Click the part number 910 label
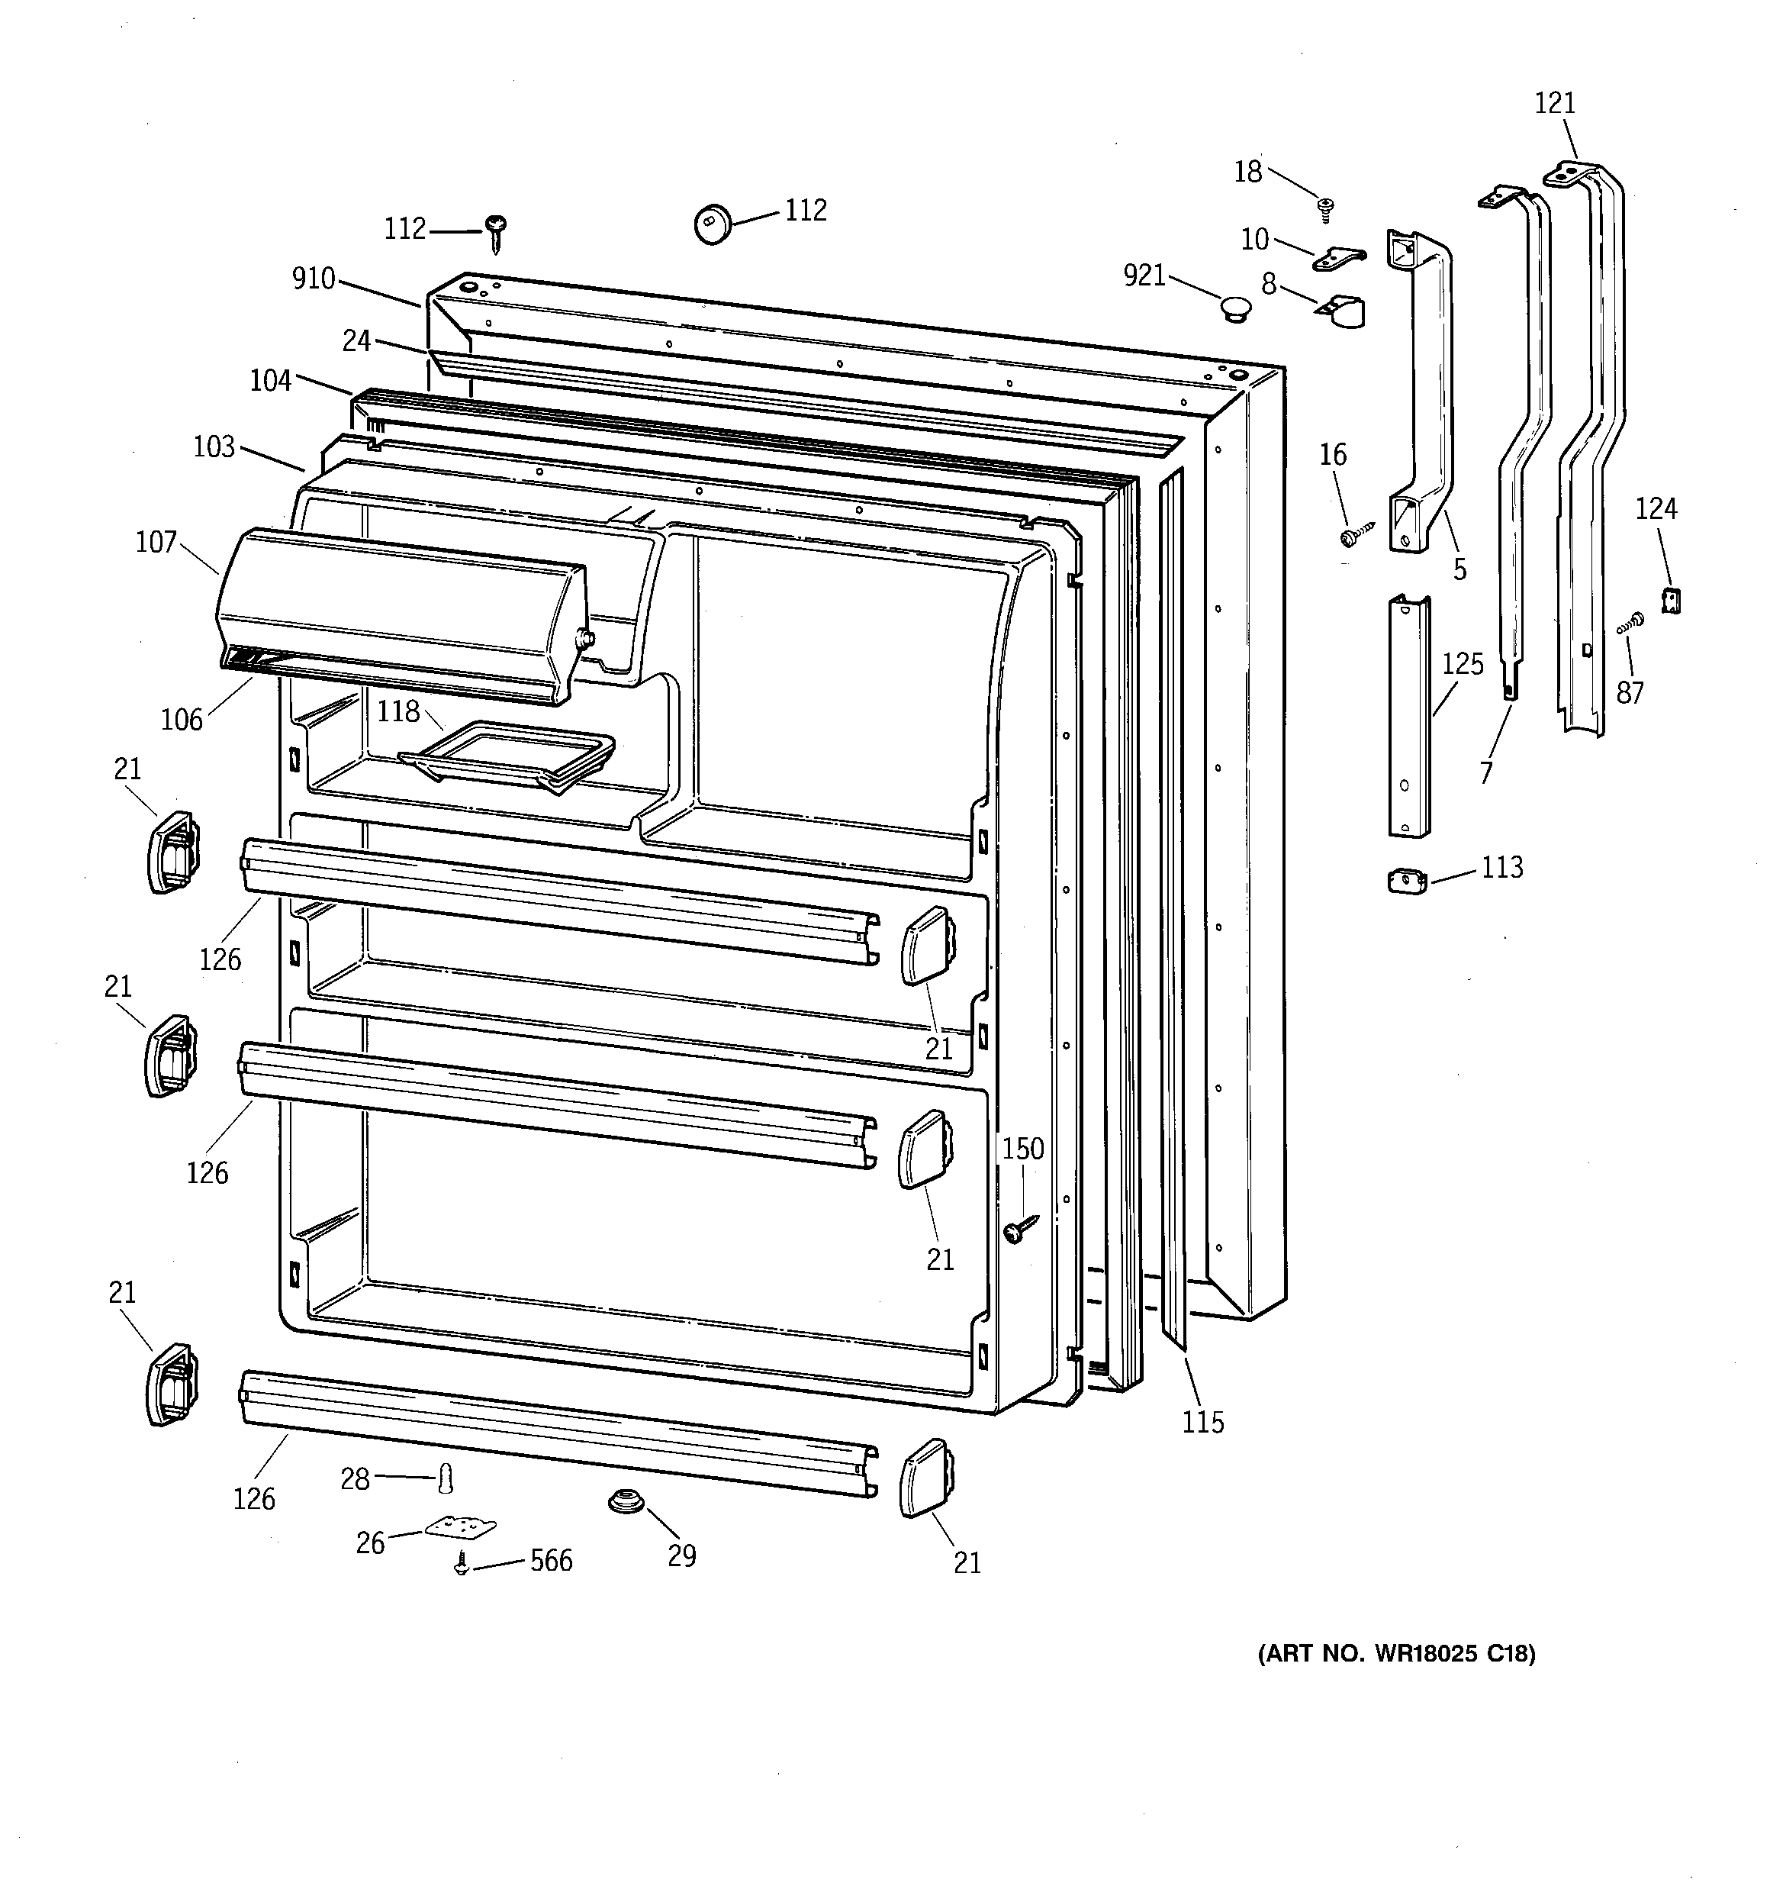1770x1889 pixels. [x=314, y=279]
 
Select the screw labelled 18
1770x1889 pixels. [x=1324, y=206]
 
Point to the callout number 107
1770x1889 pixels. [x=156, y=543]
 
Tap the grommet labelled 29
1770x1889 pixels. [x=624, y=1502]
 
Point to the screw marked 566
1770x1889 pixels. [x=462, y=1564]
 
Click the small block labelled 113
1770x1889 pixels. [x=1406, y=882]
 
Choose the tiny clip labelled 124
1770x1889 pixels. [x=1670, y=601]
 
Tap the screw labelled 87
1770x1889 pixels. [x=1631, y=624]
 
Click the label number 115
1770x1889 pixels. [x=1203, y=1423]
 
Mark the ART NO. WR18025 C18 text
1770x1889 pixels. [x=1395, y=1653]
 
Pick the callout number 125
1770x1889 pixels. [x=1463, y=664]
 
